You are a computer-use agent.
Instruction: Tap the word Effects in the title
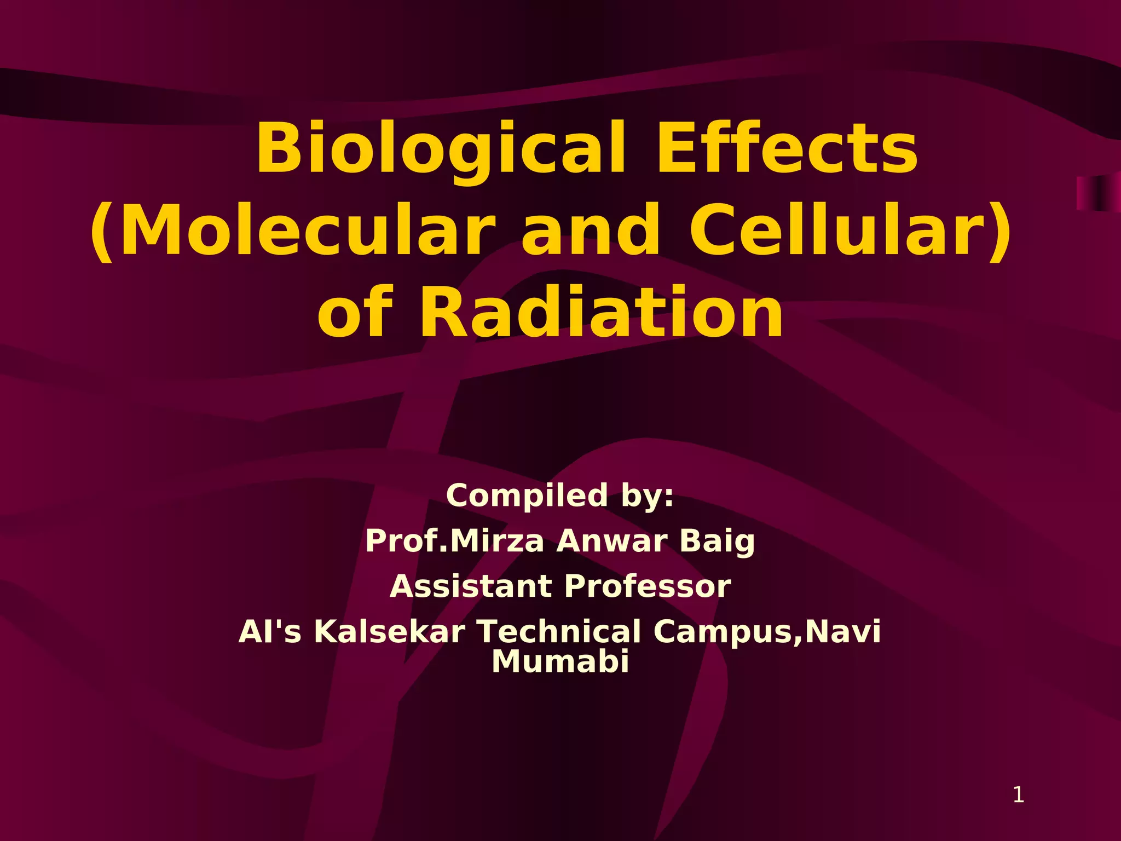[787, 148]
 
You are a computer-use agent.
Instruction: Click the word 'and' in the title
[591, 231]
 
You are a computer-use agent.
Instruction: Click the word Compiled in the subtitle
[527, 496]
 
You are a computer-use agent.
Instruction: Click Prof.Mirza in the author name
[455, 541]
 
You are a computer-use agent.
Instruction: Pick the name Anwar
[611, 541]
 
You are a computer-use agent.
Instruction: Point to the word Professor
[648, 586]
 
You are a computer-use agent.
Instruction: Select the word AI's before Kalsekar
[270, 632]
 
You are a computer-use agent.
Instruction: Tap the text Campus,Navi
[767, 632]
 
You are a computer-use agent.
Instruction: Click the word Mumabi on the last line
[560, 661]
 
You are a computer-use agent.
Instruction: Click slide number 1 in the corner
[1018, 794]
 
